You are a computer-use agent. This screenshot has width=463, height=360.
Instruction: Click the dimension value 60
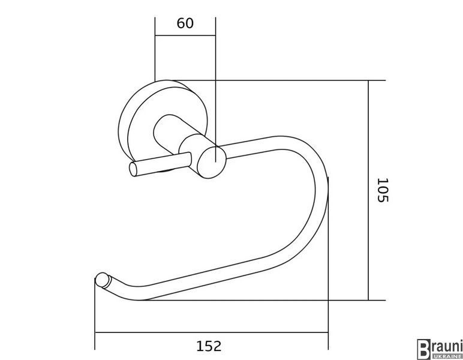[185, 23]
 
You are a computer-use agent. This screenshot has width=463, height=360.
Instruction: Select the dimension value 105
[383, 190]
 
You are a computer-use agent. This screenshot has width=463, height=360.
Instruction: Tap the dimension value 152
[209, 346]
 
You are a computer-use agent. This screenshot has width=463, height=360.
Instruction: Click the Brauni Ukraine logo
[440, 349]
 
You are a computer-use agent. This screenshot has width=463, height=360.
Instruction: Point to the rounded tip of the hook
[102, 280]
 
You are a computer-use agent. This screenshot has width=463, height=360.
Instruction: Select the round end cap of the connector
[212, 162]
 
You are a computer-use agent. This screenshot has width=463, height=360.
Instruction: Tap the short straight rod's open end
[134, 169]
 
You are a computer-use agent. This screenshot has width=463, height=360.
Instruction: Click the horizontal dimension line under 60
[185, 36]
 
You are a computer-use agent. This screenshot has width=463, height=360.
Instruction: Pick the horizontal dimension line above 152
[212, 332]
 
